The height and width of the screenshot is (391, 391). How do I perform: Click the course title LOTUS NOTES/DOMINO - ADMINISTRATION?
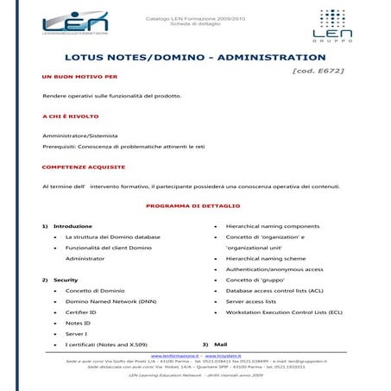tap(195, 58)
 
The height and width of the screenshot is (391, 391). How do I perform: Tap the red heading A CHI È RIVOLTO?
tap(70, 116)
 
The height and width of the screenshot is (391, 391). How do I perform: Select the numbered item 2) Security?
tap(60, 280)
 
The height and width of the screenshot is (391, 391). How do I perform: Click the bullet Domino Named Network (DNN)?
tap(110, 301)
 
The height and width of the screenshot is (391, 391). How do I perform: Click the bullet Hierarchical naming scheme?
tap(265, 258)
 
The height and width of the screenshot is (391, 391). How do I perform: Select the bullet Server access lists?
tap(251, 301)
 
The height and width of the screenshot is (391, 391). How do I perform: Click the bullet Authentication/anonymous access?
tap(274, 269)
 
